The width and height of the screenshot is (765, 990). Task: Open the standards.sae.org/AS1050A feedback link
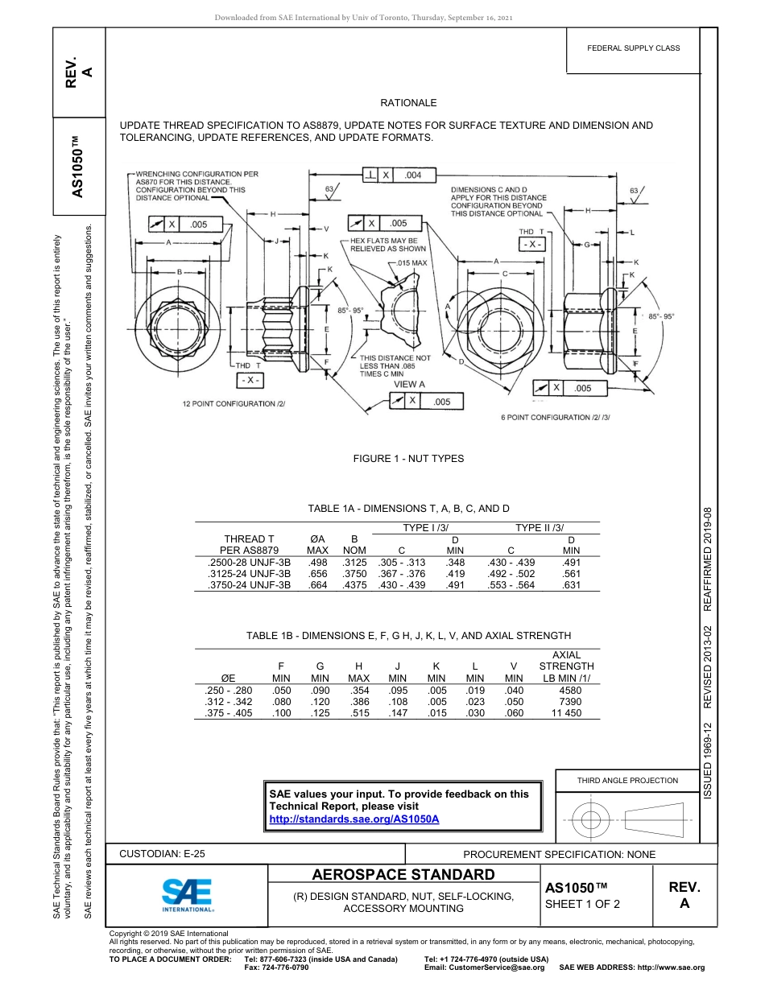(x=354, y=819)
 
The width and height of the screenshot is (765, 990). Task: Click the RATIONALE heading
(x=408, y=103)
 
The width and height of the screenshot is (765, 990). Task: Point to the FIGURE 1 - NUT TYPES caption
(x=408, y=459)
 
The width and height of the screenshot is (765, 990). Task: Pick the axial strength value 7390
(x=569, y=702)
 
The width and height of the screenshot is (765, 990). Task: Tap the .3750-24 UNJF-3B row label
(x=249, y=585)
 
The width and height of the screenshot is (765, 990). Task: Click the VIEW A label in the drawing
(x=409, y=385)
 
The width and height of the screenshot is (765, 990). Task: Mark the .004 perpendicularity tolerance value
(x=413, y=175)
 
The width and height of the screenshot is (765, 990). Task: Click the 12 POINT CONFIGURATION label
(x=234, y=402)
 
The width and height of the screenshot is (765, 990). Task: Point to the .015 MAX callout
(x=412, y=263)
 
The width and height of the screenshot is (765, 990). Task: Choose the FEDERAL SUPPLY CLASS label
(x=634, y=48)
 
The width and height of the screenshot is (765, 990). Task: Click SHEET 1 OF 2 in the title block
(x=583, y=903)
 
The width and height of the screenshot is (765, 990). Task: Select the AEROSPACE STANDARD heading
(x=403, y=875)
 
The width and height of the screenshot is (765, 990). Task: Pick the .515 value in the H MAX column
(x=355, y=713)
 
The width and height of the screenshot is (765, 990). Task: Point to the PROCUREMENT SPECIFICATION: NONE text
(x=559, y=854)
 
